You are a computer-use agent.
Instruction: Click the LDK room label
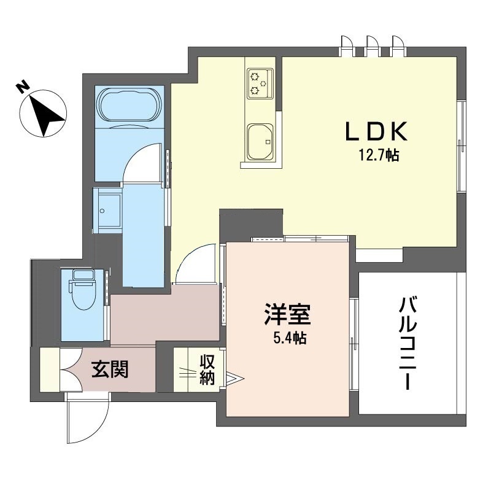(376, 131)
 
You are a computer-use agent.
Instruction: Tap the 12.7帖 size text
(379, 155)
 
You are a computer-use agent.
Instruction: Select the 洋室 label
(287, 314)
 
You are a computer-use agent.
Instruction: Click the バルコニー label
(408, 344)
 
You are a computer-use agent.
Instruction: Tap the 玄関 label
(110, 369)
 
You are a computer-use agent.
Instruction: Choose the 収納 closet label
(207, 370)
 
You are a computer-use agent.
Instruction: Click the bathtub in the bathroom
(130, 104)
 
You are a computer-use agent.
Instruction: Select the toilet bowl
(83, 295)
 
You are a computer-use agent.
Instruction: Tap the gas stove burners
(259, 83)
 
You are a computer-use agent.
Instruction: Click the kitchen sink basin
(260, 142)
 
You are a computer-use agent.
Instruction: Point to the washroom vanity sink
(107, 211)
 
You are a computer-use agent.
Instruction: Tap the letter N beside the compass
(22, 87)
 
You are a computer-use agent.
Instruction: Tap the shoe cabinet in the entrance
(50, 369)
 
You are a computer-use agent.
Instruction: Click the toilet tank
(83, 274)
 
